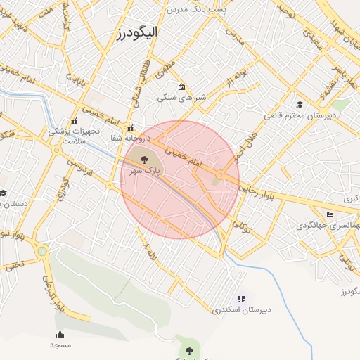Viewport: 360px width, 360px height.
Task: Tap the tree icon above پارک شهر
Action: coord(145,159)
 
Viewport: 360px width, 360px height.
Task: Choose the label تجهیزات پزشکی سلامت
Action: coord(74,135)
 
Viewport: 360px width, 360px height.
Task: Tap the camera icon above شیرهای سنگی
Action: coord(182,87)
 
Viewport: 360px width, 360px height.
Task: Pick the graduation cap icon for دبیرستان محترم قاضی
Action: coord(300,104)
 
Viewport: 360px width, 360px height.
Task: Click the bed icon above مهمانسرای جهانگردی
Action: coord(330,214)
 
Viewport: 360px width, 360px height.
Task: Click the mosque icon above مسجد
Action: coord(60,334)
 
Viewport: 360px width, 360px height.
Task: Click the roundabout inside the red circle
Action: coord(221,174)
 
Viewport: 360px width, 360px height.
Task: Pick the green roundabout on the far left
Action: coord(42,250)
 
